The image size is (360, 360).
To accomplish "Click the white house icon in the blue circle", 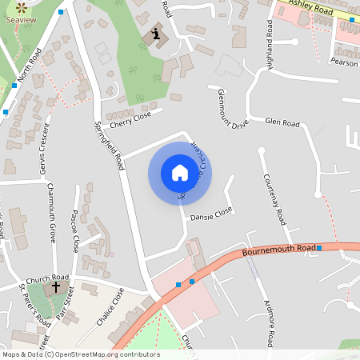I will (179, 172).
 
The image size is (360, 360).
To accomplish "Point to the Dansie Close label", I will (211, 214).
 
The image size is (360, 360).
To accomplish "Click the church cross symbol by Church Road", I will (56, 286).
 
